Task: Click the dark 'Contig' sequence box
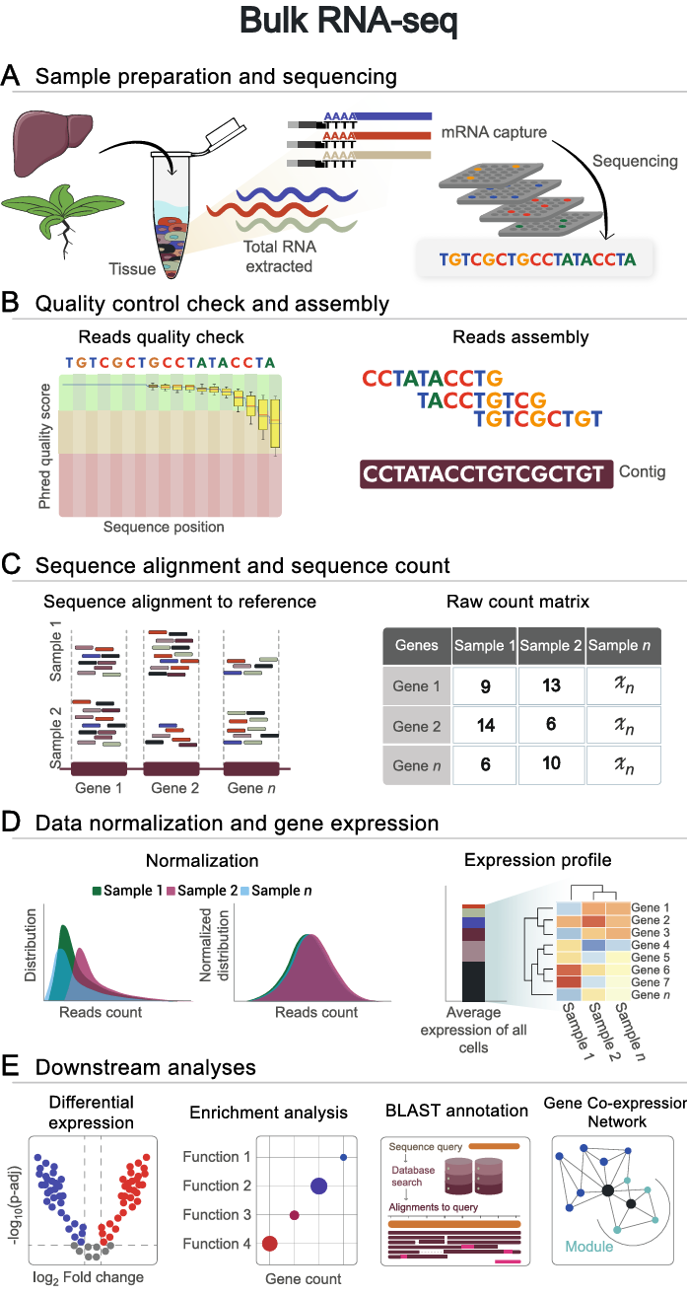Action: click(x=482, y=473)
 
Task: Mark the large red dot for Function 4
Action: click(x=270, y=1244)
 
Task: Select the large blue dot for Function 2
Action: click(x=318, y=1186)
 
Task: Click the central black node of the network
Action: click(x=608, y=1191)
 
